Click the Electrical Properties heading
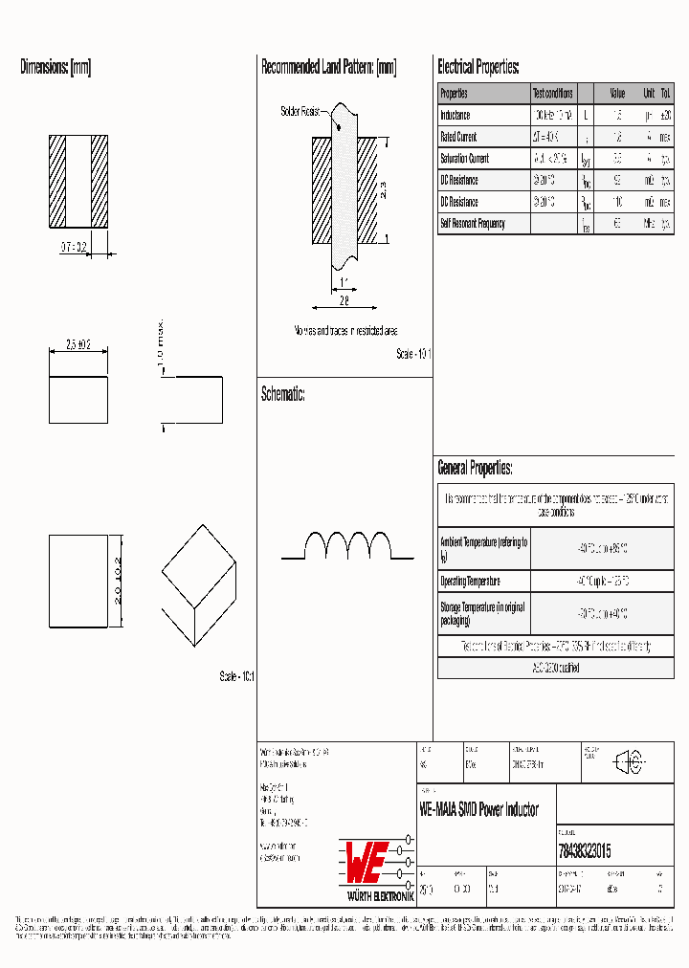[478, 67]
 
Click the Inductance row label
[456, 115]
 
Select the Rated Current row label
[458, 137]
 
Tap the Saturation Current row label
[464, 159]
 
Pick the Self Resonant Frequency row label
[472, 224]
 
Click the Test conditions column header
[552, 94]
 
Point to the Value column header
[617, 94]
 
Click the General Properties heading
[475, 468]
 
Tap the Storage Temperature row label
[483, 613]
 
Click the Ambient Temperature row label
[483, 548]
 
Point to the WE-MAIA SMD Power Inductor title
[479, 810]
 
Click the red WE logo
[365, 862]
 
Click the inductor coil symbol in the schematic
[348, 545]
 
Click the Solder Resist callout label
[300, 112]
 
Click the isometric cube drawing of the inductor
[198, 582]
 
